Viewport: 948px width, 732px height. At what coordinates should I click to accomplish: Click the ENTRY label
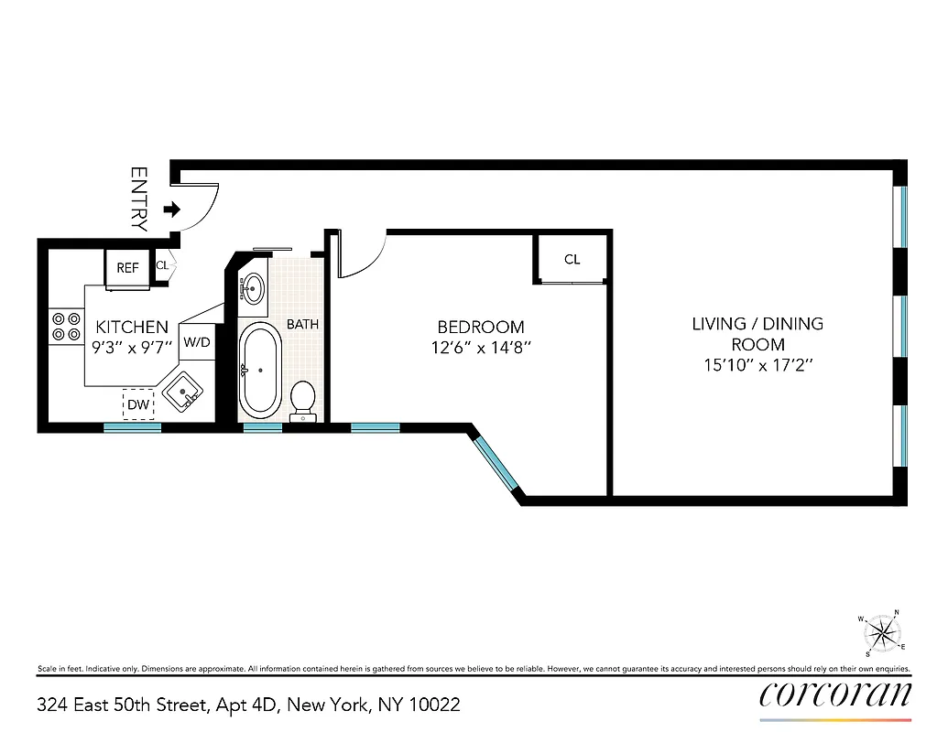click(x=139, y=198)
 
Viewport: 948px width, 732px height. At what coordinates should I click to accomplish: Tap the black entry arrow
click(x=171, y=210)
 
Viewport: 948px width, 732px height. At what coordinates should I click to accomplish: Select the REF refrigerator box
click(x=127, y=268)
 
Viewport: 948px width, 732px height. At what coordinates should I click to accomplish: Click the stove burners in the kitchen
click(x=65, y=327)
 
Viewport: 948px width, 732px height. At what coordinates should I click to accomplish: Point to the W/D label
click(x=197, y=342)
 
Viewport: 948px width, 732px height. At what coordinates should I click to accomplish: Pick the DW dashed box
click(x=138, y=404)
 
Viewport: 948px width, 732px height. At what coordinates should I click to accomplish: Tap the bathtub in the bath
click(x=260, y=369)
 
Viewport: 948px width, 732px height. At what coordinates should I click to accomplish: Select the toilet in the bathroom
click(x=303, y=401)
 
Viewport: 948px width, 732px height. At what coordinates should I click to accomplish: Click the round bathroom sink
click(x=253, y=288)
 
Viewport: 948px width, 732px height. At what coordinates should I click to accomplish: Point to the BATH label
click(x=302, y=324)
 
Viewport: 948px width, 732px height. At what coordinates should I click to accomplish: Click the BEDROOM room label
click(x=480, y=327)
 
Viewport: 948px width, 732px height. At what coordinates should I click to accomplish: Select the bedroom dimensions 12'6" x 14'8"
click(x=480, y=348)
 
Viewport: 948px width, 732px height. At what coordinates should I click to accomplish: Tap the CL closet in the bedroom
click(x=572, y=259)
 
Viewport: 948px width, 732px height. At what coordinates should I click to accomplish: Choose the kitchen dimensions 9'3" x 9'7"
click(x=133, y=348)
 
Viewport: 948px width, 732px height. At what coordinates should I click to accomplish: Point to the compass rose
click(x=881, y=633)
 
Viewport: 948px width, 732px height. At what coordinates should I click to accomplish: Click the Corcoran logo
click(x=835, y=694)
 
